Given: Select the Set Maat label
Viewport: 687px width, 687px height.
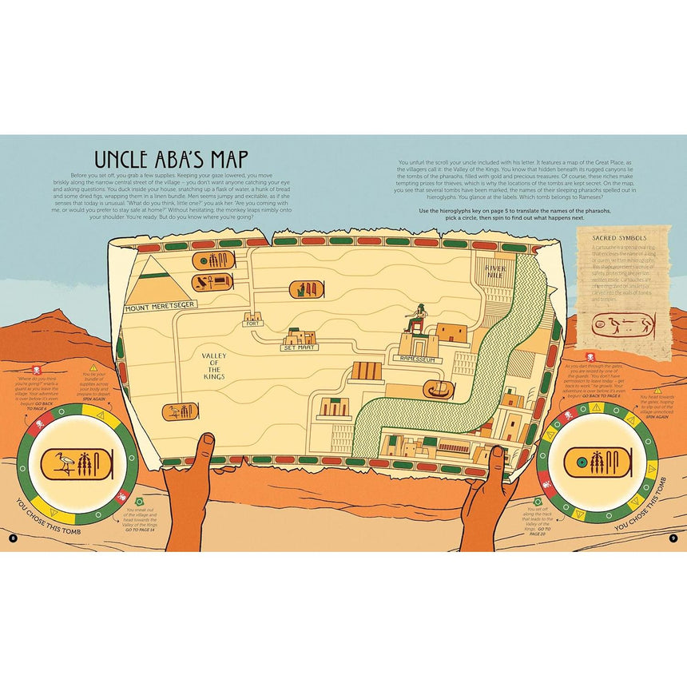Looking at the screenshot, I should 300,347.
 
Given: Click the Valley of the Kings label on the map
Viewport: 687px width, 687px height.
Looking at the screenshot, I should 215,367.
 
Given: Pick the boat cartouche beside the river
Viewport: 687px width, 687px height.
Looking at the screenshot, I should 439,391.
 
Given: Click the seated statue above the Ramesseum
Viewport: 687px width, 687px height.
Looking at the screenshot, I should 415,319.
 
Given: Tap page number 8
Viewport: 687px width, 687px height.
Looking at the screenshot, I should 13,538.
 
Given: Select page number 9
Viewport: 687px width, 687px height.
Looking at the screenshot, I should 673,538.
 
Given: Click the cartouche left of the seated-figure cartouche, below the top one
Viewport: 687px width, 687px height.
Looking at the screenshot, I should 212,282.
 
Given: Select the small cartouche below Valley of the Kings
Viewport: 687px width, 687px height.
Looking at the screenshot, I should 180,412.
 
